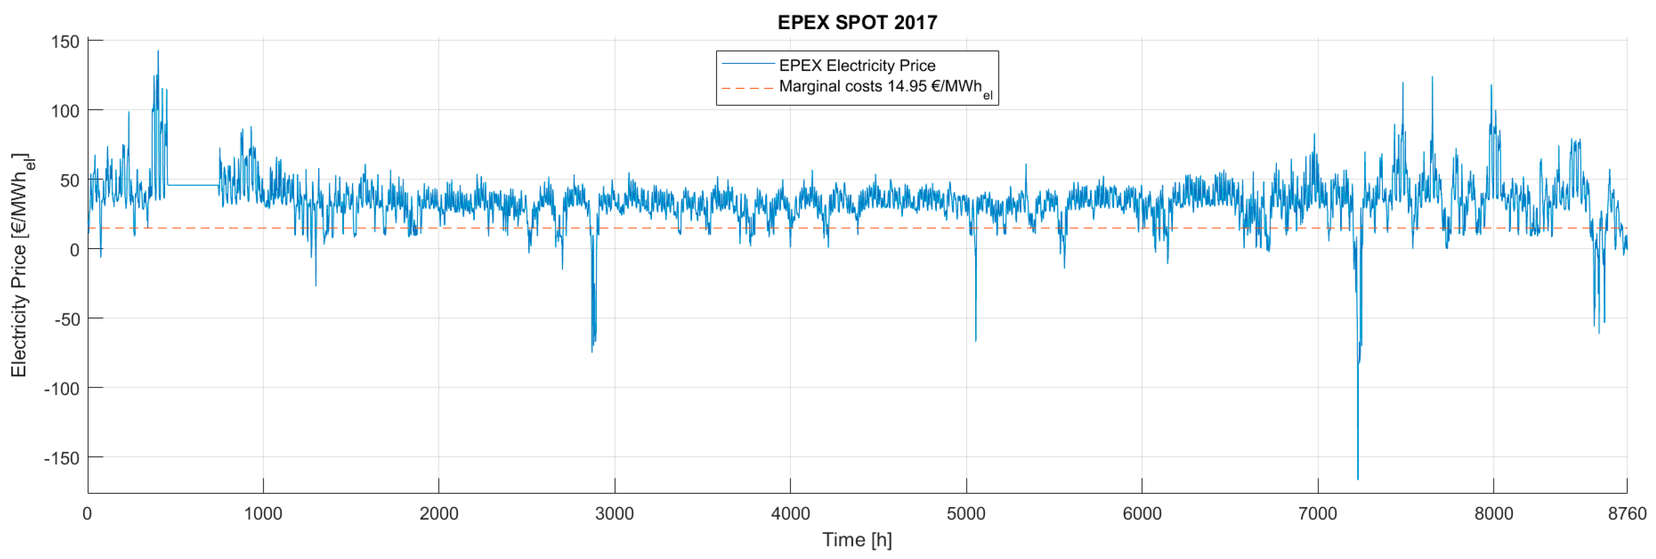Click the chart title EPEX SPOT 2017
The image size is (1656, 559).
(857, 22)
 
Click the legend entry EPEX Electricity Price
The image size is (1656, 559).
(857, 66)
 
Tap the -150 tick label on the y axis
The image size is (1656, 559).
(62, 458)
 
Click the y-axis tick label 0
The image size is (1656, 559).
(75, 250)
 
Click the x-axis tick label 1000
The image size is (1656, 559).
(263, 514)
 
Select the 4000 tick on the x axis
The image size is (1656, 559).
(790, 514)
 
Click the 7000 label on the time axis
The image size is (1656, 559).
(1318, 514)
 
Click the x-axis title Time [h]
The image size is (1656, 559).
(857, 540)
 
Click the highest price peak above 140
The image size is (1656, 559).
(158, 51)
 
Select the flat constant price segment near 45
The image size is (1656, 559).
(193, 185)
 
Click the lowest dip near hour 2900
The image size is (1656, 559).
(592, 351)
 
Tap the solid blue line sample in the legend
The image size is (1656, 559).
(748, 63)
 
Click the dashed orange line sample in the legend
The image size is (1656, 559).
(748, 88)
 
